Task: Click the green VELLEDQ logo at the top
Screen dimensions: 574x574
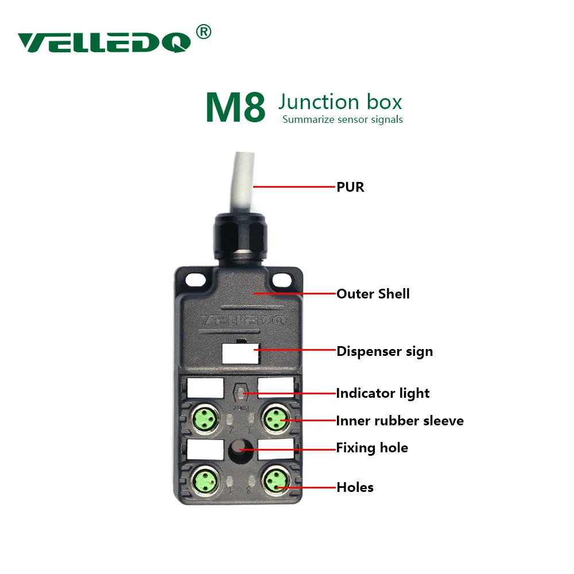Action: point(104,42)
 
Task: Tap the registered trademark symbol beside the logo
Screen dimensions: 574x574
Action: point(203,32)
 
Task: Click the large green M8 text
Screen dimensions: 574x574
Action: point(235,107)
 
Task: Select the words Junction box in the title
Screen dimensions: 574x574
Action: point(340,102)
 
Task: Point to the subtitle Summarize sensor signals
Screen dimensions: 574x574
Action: point(342,120)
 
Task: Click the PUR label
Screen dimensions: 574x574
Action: point(350,187)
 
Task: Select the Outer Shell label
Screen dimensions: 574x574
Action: point(373,294)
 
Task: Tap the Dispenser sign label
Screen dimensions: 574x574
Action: point(384,351)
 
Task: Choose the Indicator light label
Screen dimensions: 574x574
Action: point(382,393)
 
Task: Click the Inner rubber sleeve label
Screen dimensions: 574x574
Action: point(400,421)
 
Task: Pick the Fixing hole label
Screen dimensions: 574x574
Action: point(372,448)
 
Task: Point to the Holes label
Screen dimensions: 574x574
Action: point(355,487)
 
